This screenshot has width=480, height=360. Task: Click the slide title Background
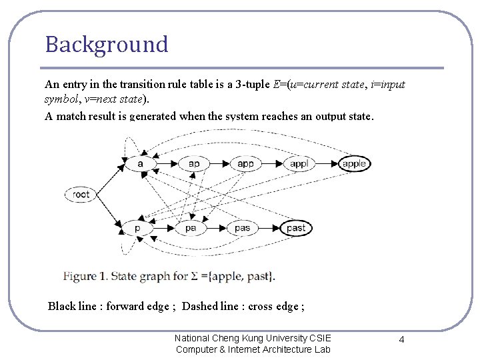(107, 45)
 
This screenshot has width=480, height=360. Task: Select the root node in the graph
(81, 195)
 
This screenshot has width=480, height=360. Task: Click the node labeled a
(140, 163)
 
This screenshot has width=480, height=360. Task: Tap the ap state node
(193, 163)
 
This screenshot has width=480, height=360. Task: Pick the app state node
(245, 163)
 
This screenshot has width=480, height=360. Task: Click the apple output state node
(354, 163)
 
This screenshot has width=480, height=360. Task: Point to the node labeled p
(137, 228)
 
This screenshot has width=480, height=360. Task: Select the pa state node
(191, 228)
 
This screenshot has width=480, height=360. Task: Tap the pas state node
(243, 228)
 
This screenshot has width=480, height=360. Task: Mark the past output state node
(295, 228)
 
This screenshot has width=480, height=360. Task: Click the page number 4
(401, 340)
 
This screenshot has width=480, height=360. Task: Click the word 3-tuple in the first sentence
(251, 85)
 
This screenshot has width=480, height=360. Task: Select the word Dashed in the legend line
(199, 307)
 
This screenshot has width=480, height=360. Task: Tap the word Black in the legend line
(62, 307)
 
